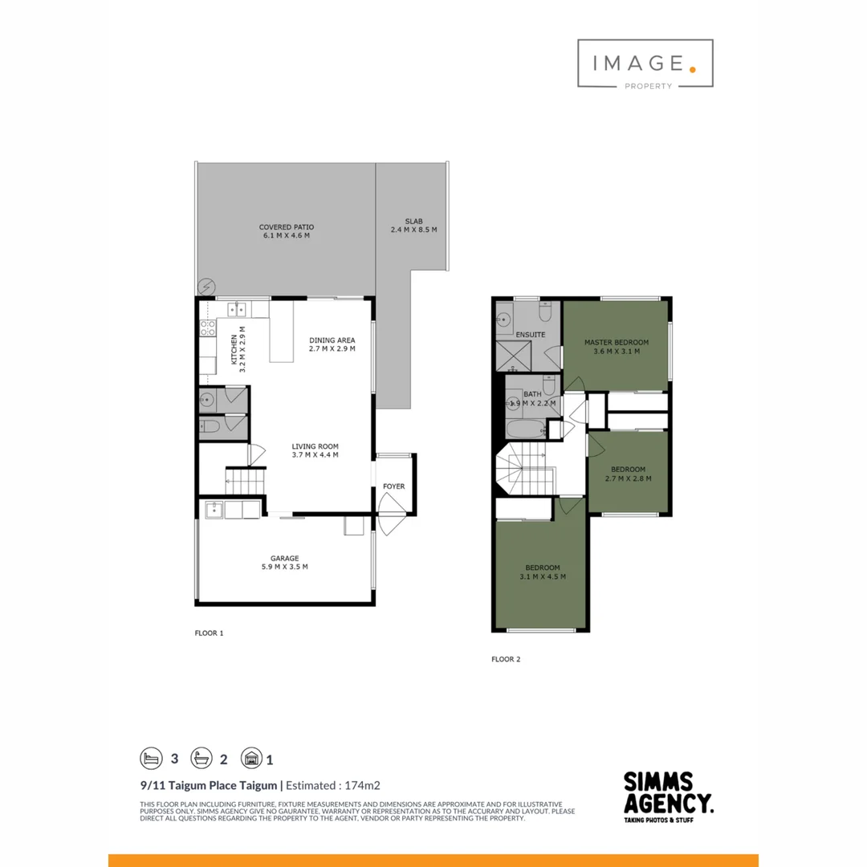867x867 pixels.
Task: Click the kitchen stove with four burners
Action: (207, 328)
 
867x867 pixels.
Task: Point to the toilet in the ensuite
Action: (548, 311)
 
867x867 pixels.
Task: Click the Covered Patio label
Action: (287, 227)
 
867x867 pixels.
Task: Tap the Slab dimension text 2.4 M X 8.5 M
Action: (413, 230)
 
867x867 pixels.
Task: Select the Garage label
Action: (284, 558)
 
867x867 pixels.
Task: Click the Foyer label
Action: (393, 486)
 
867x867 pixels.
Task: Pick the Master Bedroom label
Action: (616, 342)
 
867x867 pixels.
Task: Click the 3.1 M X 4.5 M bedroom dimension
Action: (542, 576)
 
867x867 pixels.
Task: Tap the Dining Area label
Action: (332, 340)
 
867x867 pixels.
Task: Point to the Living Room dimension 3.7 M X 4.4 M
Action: (315, 455)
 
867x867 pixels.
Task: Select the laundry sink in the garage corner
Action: (214, 508)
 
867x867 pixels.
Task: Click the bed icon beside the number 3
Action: (151, 759)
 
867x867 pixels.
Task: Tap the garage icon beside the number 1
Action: (251, 759)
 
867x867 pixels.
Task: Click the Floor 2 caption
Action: (506, 659)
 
